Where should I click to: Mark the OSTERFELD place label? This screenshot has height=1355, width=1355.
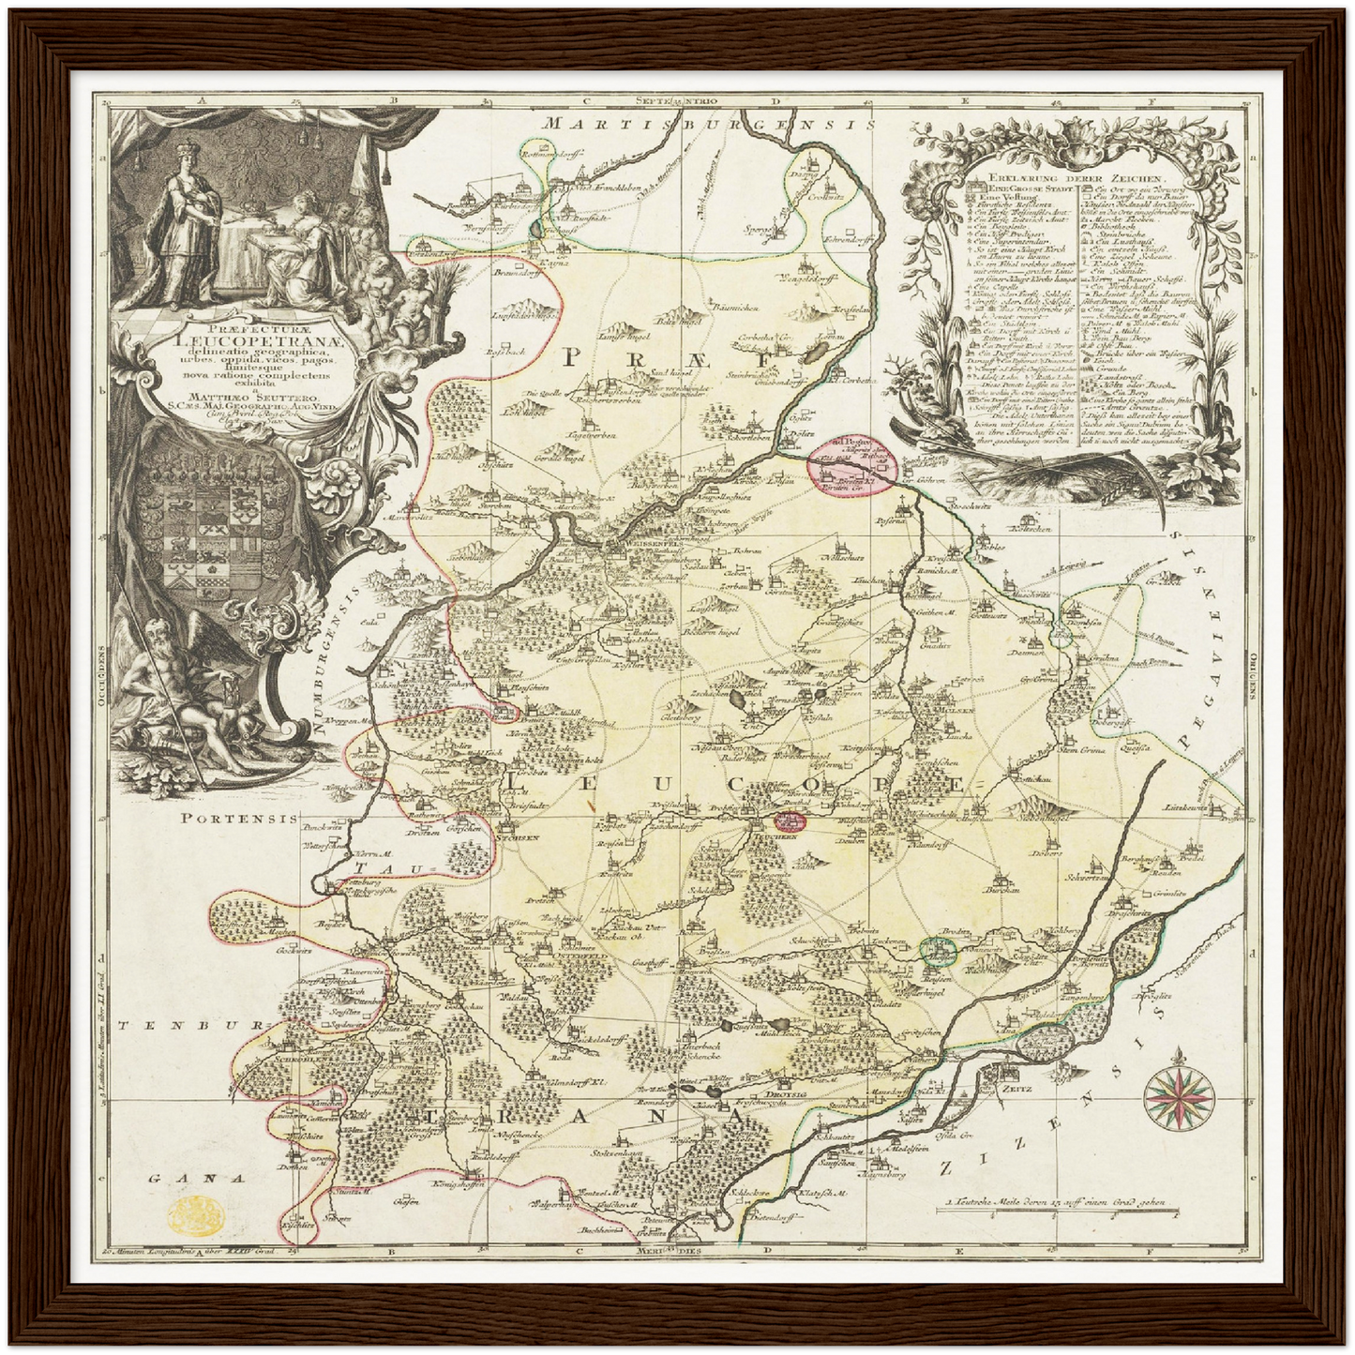click(x=530, y=944)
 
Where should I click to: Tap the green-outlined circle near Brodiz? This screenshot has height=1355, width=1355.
click(x=937, y=951)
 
